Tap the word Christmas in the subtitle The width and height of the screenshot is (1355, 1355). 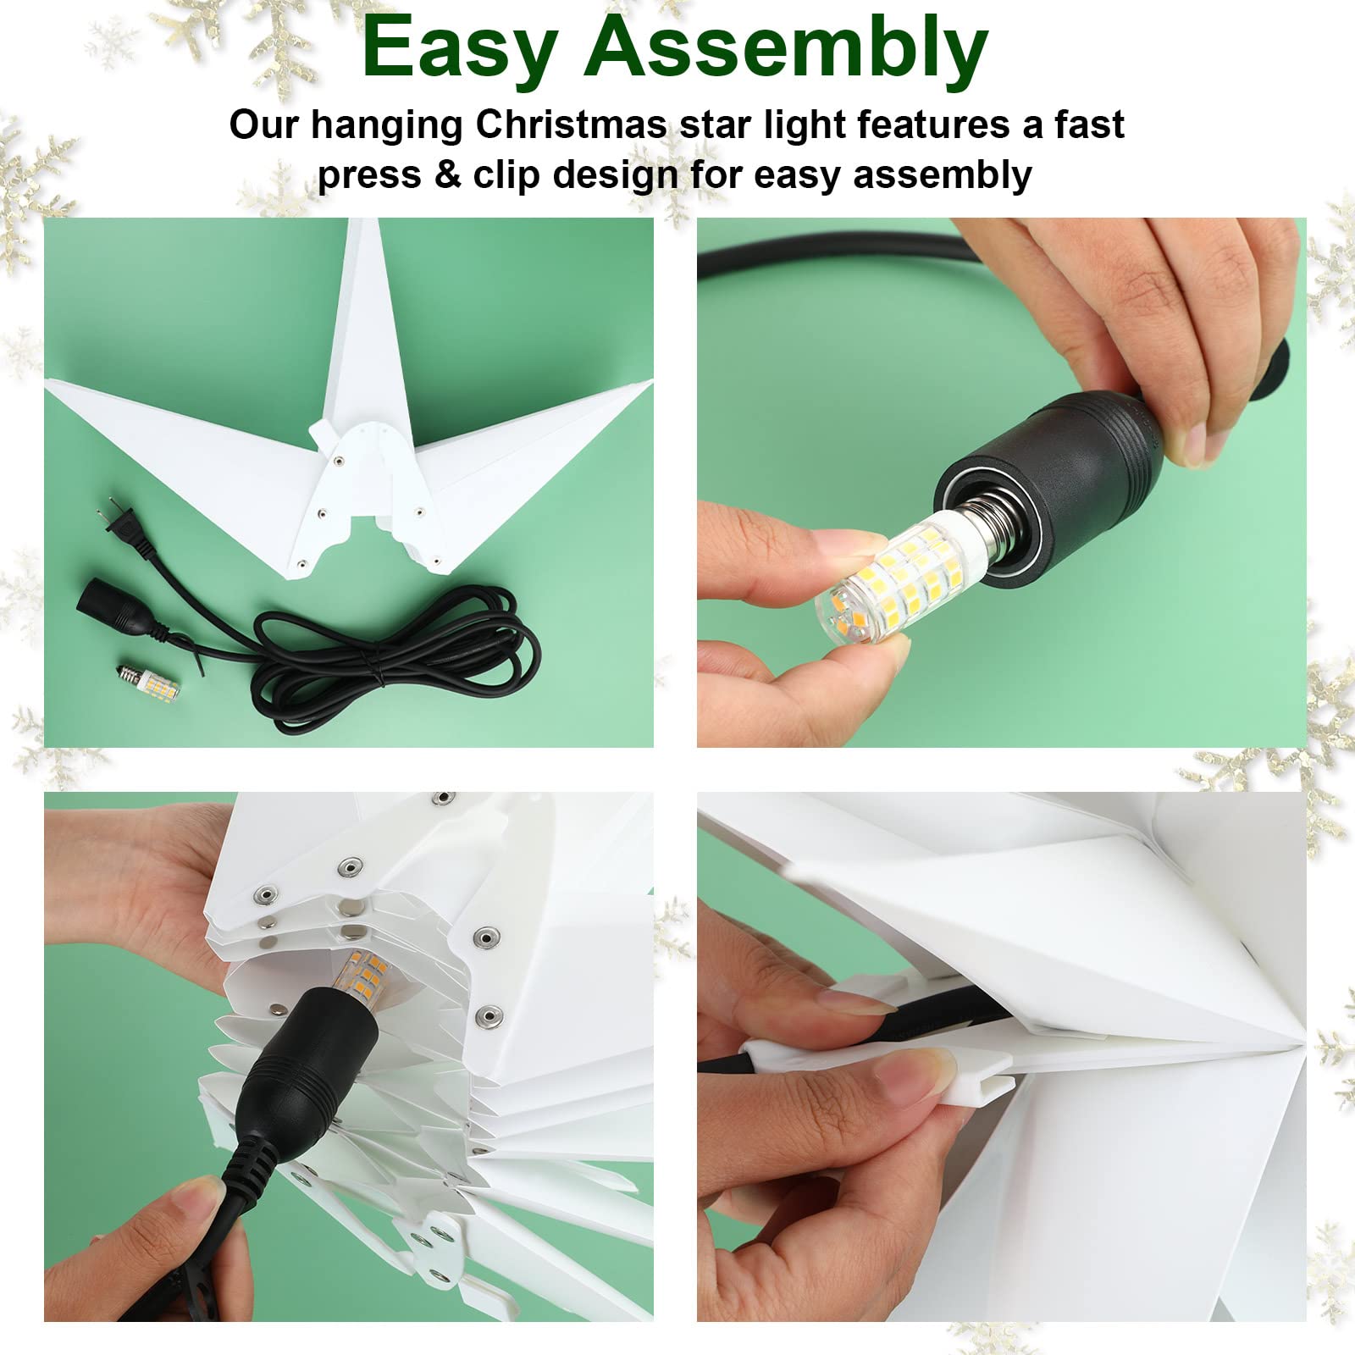coord(571,124)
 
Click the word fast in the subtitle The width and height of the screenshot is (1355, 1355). coord(1088,124)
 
